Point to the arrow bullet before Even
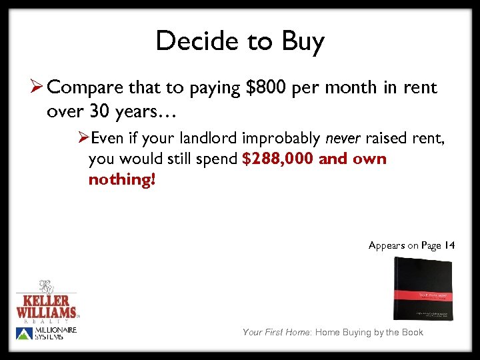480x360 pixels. point(83,138)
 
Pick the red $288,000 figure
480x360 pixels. point(278,159)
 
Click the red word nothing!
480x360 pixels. point(121,180)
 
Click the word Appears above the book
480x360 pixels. point(387,245)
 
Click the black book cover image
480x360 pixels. point(423,289)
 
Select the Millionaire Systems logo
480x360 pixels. point(47,333)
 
